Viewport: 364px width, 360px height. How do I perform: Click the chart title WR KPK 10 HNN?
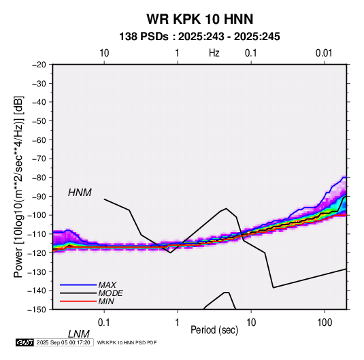tap(199, 19)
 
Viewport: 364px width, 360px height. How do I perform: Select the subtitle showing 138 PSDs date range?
tap(199, 37)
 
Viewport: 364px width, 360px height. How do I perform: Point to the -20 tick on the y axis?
tap(39, 65)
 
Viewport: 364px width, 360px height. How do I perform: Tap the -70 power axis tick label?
tap(39, 159)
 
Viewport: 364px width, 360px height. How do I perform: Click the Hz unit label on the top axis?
tap(214, 53)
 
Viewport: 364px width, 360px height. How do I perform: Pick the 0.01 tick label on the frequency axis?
tap(324, 53)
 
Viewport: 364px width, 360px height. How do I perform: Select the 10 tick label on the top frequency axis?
tap(104, 53)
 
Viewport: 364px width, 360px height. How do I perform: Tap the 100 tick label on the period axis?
tap(325, 323)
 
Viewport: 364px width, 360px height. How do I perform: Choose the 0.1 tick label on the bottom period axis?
tap(104, 323)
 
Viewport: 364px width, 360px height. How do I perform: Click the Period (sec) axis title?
tap(214, 330)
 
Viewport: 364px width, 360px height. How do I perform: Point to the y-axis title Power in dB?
tap(18, 187)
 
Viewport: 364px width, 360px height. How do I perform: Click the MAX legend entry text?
tap(107, 284)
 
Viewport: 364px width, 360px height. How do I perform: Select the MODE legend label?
tap(110, 293)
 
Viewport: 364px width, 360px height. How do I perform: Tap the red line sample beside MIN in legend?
tap(78, 301)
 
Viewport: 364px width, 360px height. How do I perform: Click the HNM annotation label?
tap(80, 193)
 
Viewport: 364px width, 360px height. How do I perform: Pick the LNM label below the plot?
tap(78, 334)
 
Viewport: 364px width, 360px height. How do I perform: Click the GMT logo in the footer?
tap(25, 342)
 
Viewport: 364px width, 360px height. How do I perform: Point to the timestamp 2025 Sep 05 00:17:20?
tap(63, 342)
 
